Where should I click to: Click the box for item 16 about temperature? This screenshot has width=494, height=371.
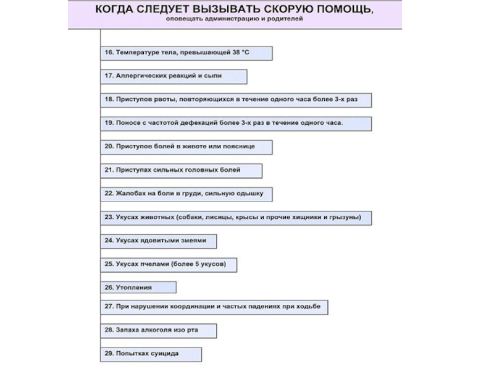pos(186,53)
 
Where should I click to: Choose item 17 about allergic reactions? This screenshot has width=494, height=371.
pos(174,77)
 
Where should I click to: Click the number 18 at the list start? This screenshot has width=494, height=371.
pos(107,100)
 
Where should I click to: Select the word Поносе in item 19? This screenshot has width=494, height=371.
pos(127,123)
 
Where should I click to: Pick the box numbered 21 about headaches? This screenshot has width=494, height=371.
pos(182,170)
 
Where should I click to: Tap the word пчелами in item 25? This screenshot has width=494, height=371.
pos(153,264)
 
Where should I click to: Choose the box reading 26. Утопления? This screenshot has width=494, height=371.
pos(138,288)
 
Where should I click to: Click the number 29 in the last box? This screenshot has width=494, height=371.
pos(107,354)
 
